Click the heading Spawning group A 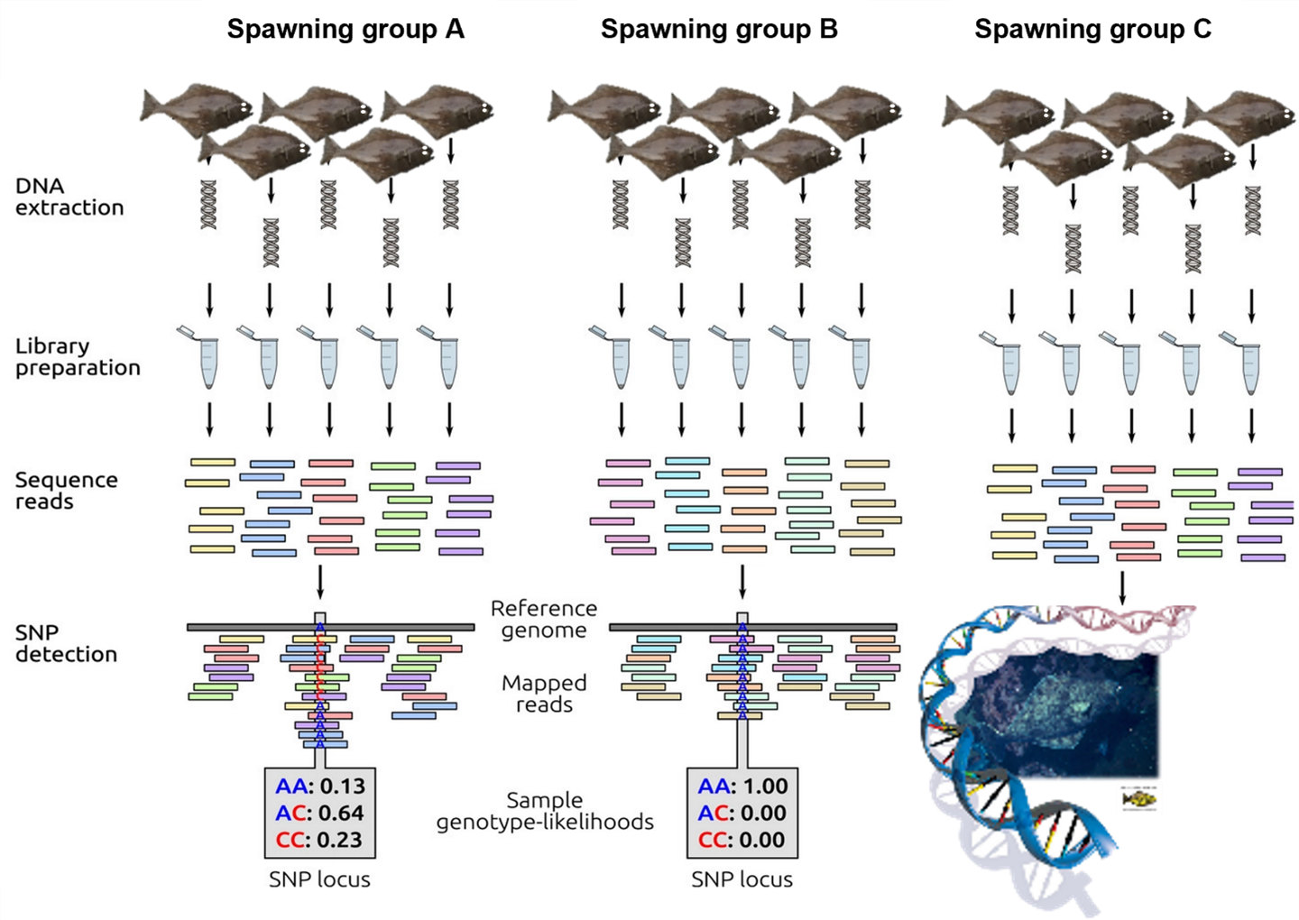tap(345, 30)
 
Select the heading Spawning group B tap(719, 30)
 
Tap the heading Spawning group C tap(1092, 30)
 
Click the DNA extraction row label tap(69, 197)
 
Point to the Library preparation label tap(78, 357)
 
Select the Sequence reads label tap(66, 491)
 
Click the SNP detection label tap(66, 643)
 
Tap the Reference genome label tap(544, 620)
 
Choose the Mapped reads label tap(544, 694)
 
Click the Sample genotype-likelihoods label tap(545, 811)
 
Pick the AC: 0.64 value tap(319, 813)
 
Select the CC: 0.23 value tap(319, 840)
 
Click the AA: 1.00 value tap(742, 786)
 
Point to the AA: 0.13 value tap(319, 786)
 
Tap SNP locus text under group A tap(319, 879)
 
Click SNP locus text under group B tap(742, 879)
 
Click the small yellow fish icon tap(1140, 799)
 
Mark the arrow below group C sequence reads tap(1122, 587)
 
